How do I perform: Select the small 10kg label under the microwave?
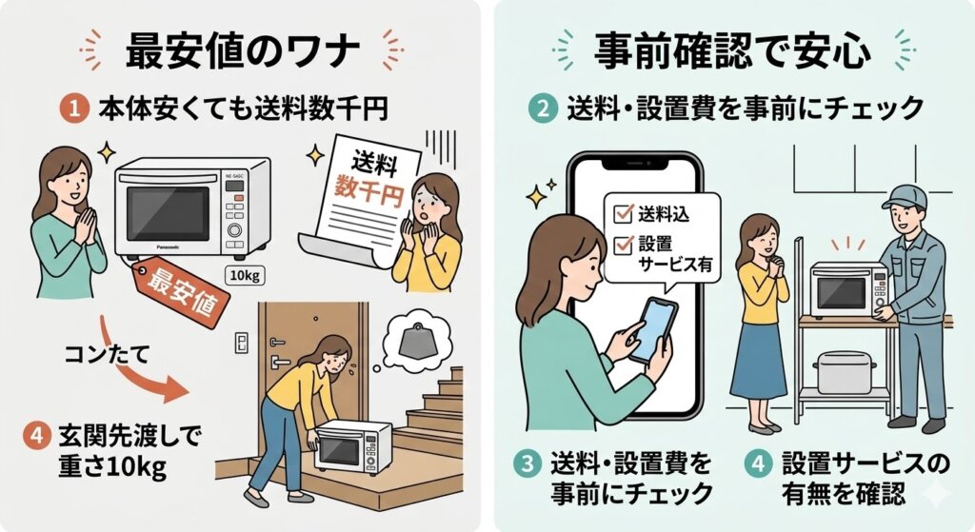[239, 275]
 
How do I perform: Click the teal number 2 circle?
[540, 108]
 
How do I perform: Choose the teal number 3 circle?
[526, 465]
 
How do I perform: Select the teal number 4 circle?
[759, 465]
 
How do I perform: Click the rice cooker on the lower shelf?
[845, 371]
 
